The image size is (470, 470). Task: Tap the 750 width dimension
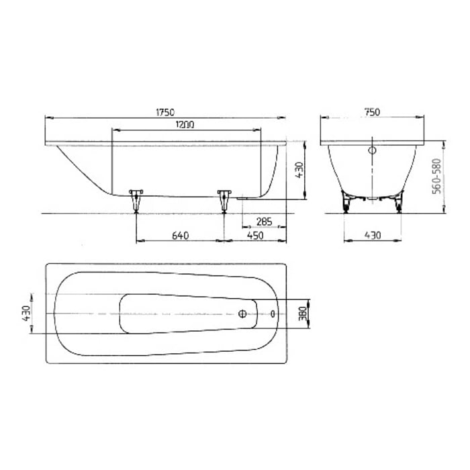[x=373, y=111]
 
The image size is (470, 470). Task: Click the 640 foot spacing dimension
[x=179, y=235]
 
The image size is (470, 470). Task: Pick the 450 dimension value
[x=254, y=235]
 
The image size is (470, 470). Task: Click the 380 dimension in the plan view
[x=302, y=314]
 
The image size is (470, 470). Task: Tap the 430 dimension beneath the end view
[x=373, y=235]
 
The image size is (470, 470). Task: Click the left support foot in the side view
[x=137, y=199]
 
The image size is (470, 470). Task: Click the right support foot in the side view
[x=224, y=199]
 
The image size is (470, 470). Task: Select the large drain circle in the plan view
[x=244, y=314]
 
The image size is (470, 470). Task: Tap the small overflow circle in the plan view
[x=273, y=314]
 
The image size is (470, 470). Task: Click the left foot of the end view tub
[x=346, y=201]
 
